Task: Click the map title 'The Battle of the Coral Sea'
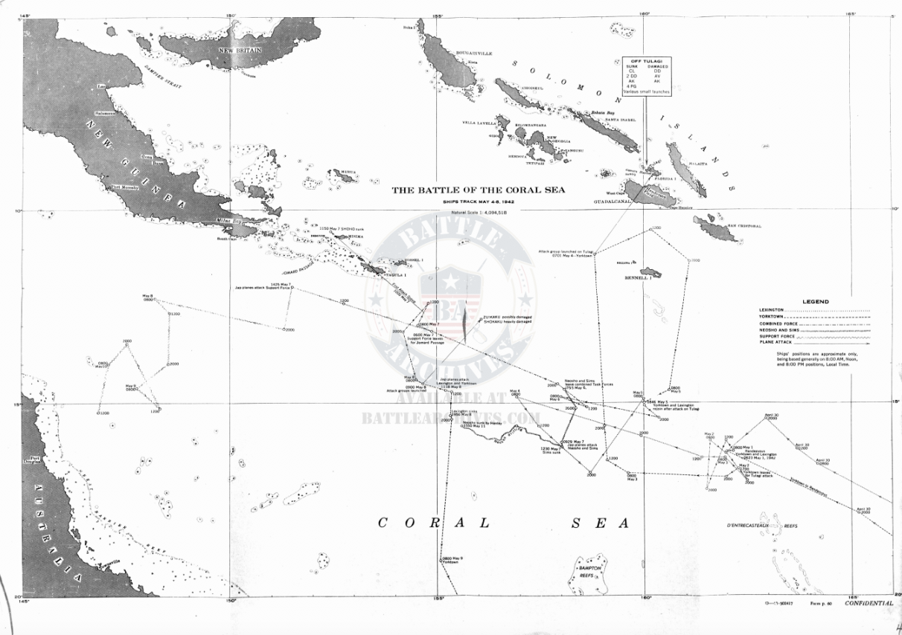point(479,190)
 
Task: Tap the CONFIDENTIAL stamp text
point(869,603)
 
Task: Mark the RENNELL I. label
point(638,278)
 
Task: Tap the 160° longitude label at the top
point(644,13)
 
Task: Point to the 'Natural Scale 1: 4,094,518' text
point(479,213)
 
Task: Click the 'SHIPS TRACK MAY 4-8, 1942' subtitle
point(479,202)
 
